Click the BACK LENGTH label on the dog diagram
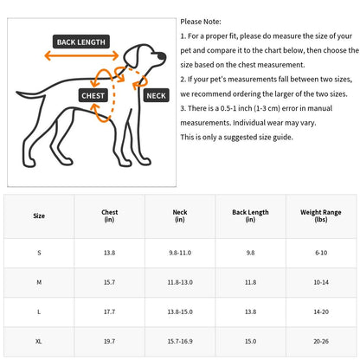tap(81, 42)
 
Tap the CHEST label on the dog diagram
tap(93, 95)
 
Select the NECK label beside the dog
tap(156, 95)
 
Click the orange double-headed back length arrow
tap(81, 55)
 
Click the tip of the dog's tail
tap(17, 93)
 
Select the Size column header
tap(39, 215)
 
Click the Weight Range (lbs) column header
tap(321, 215)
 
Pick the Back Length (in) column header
tap(250, 215)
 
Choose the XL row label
tap(39, 341)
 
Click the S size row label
tap(39, 253)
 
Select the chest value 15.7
tap(109, 282)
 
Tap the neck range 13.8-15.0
tap(180, 312)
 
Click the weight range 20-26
tap(321, 341)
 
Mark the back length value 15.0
tap(250, 341)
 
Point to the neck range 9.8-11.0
tap(180, 253)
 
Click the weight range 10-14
tap(321, 282)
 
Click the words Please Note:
tap(201, 22)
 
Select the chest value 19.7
tap(109, 341)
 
